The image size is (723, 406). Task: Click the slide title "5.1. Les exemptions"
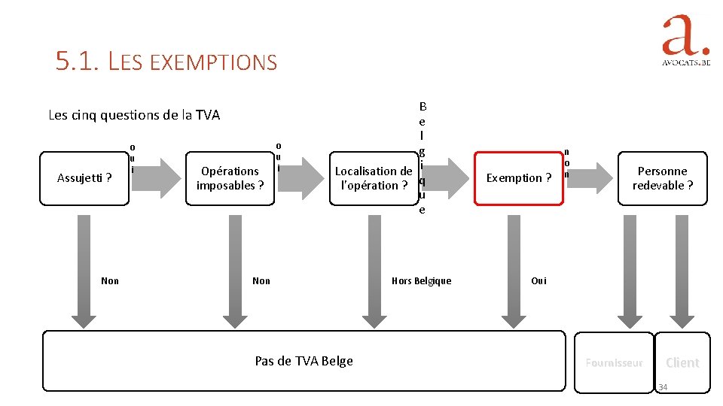click(x=166, y=61)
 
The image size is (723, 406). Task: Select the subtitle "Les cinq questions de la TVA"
click(x=134, y=115)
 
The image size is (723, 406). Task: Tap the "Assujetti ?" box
click(x=84, y=178)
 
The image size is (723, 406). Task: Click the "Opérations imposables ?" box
click(x=230, y=178)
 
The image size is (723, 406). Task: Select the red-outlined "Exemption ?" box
click(x=518, y=178)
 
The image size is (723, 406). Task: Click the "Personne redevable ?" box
click(x=663, y=178)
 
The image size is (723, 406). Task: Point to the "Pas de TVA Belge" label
click(x=304, y=361)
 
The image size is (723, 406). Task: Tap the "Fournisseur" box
click(x=614, y=362)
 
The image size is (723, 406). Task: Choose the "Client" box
click(x=682, y=362)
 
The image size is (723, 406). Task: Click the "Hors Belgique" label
click(x=421, y=280)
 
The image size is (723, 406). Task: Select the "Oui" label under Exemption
click(x=538, y=280)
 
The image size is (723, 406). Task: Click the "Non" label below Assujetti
click(x=110, y=280)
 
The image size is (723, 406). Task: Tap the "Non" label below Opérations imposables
click(x=261, y=280)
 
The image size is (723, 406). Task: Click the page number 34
click(x=663, y=387)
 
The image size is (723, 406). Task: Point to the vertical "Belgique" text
click(x=422, y=158)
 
